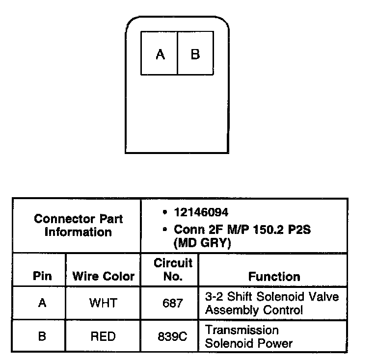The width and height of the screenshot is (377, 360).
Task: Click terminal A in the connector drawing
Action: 160,53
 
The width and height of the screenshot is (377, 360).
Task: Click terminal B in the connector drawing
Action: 195,53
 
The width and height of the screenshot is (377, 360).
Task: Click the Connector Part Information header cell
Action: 78,225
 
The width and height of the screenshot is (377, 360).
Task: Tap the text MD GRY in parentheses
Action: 202,243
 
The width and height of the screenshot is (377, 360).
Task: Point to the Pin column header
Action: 42,276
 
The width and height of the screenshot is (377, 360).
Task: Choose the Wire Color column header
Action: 103,276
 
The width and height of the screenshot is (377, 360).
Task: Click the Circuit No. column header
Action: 173,269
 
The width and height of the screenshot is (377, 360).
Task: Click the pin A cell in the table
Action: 42,303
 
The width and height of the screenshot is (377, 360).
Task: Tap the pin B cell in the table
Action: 42,336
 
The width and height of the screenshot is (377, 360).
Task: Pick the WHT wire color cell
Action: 103,303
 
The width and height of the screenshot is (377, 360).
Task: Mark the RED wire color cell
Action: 103,336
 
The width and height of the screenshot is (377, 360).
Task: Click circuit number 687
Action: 172,303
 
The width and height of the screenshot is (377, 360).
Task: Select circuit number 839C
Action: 172,337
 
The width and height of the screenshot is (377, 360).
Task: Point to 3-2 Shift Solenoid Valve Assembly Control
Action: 271,303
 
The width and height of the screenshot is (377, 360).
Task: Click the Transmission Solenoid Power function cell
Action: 249,336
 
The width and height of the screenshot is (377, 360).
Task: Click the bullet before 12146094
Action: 163,213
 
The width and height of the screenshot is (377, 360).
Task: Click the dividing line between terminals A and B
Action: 177,53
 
